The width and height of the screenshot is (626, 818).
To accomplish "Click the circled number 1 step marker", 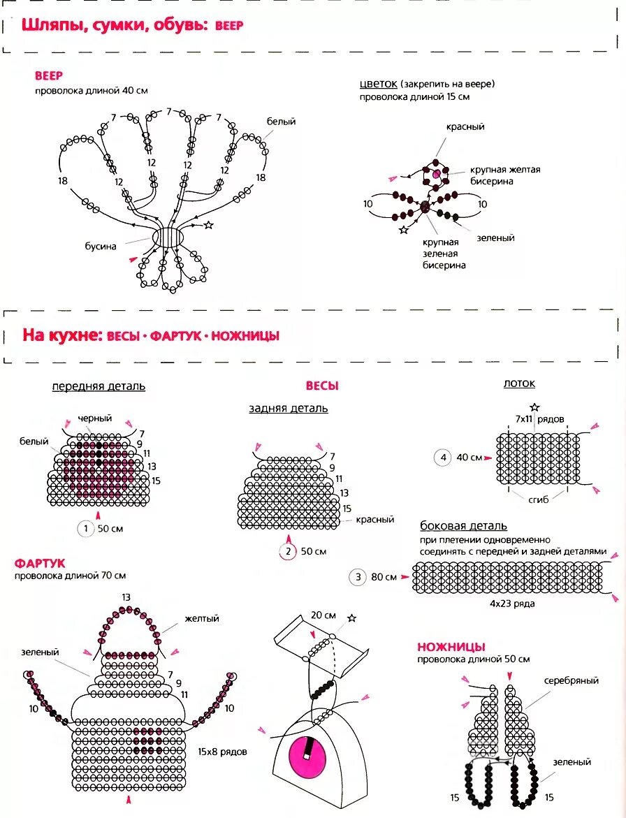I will point(85,529).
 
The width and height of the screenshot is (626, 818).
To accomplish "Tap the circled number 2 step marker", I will point(289,551).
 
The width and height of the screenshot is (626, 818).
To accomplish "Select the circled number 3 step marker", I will point(358,577).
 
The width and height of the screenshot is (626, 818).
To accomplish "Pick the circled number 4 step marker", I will point(442,458).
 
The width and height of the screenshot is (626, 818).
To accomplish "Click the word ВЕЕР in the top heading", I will point(229,26).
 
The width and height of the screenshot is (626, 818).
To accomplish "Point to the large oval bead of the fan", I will point(168,237).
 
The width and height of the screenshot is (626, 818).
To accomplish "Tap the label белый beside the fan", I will point(281,122).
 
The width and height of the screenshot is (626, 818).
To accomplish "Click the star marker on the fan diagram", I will point(208,225).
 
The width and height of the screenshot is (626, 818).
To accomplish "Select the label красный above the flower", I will point(465,127).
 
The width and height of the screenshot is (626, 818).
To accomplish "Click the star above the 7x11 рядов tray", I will point(534,407).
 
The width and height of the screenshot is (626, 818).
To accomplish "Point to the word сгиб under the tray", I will point(539,499).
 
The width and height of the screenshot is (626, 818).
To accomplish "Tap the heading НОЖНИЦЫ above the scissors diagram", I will point(451,647).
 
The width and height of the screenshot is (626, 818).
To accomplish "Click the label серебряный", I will point(571,680).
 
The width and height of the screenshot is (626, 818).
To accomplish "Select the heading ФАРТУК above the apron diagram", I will point(40,562).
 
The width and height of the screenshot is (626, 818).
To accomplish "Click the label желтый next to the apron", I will point(202,618).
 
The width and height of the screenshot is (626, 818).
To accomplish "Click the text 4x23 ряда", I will point(512,603).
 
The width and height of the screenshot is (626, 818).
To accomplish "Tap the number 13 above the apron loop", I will point(126,597).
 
